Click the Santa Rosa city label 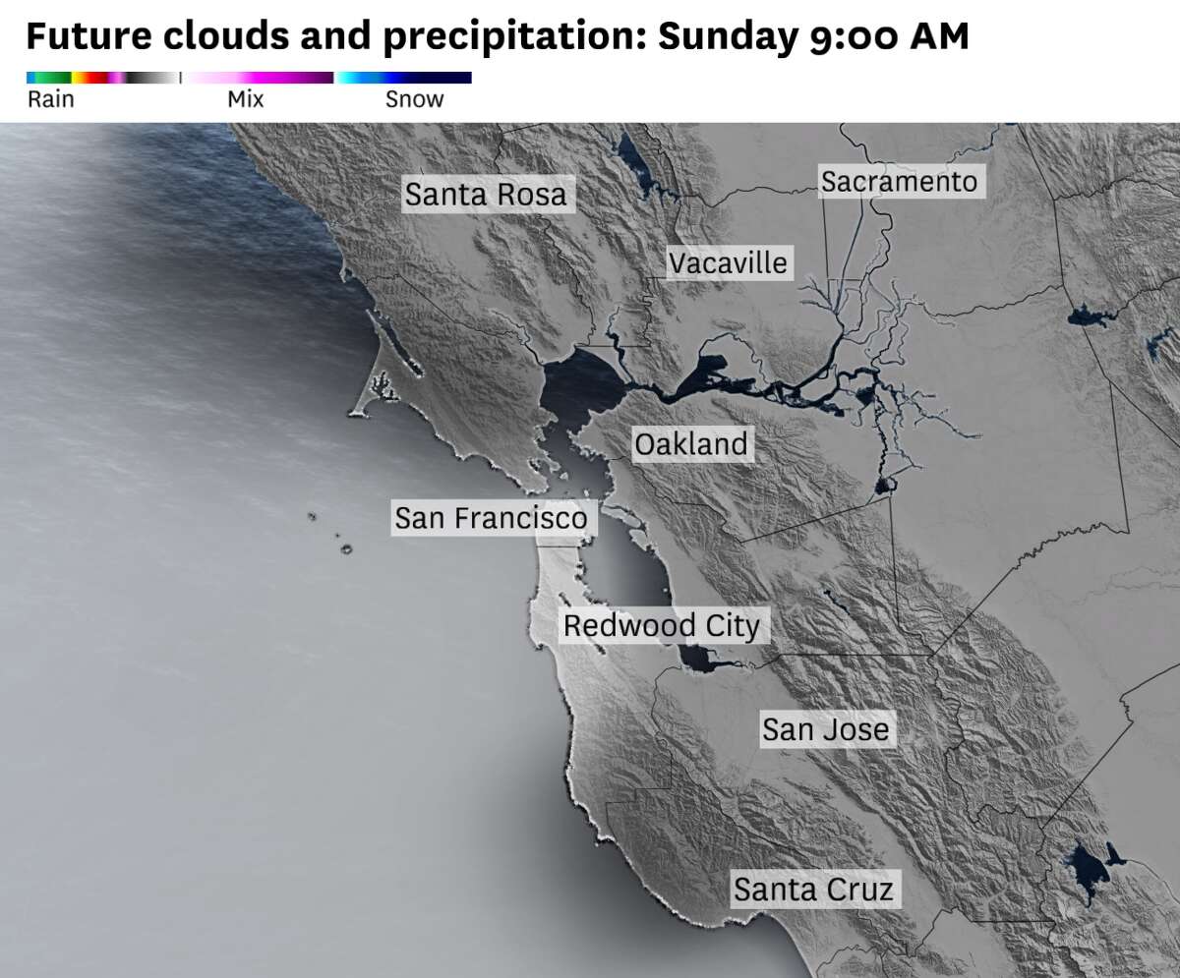486,195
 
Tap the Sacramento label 900,182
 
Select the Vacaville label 728,263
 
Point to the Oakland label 691,444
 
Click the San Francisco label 491,518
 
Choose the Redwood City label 661,626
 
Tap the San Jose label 825,729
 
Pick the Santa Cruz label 813,890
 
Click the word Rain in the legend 50,99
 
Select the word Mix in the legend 245,99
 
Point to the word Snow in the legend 414,99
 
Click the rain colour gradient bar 102,78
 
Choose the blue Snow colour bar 404,78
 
